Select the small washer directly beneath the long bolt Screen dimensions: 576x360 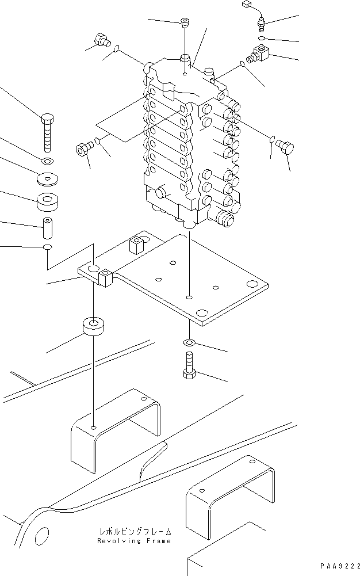pyautogui.click(x=47, y=160)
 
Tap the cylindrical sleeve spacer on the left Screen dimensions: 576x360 pyautogui.click(x=47, y=227)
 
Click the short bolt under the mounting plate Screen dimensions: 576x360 pyautogui.click(x=190, y=366)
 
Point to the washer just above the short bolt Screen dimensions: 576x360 pyautogui.click(x=189, y=344)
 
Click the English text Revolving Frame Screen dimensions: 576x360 pyautogui.click(x=133, y=541)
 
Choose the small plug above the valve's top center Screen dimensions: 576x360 pyautogui.click(x=184, y=23)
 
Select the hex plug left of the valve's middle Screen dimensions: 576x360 pyautogui.click(x=83, y=150)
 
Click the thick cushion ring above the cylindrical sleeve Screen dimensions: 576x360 pyautogui.click(x=47, y=203)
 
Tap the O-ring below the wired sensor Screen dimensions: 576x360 pyautogui.click(x=261, y=38)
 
